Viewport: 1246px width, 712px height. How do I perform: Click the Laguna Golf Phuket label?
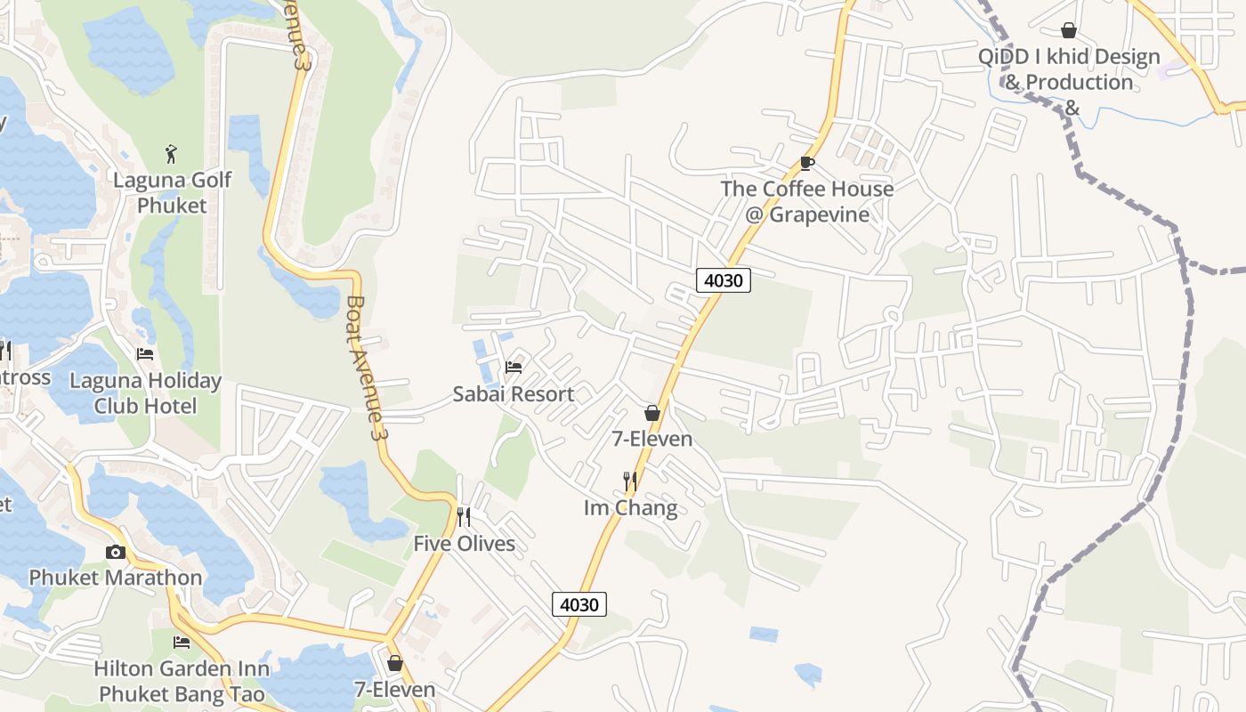click(x=172, y=192)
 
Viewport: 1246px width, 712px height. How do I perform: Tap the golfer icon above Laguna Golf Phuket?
click(x=172, y=154)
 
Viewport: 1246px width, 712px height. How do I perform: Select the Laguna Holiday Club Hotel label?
click(x=145, y=393)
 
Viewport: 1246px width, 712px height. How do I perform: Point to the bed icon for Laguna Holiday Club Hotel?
click(x=145, y=354)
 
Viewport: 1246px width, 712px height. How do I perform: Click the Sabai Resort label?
click(x=514, y=394)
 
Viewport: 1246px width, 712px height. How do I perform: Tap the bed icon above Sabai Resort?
click(x=514, y=367)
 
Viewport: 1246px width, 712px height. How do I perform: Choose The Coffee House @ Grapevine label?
click(x=807, y=202)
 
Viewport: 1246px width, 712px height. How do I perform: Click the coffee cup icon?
click(x=806, y=163)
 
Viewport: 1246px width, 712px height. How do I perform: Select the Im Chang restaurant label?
click(x=630, y=508)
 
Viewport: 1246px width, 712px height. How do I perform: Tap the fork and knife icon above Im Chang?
click(x=630, y=481)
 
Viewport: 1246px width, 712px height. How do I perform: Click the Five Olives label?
click(x=464, y=543)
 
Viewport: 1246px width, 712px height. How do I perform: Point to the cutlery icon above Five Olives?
click(x=464, y=516)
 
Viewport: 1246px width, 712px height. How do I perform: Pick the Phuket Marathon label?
click(x=116, y=578)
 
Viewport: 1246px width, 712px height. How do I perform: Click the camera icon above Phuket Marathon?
click(x=116, y=552)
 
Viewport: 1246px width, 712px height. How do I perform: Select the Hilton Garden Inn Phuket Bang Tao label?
click(x=182, y=681)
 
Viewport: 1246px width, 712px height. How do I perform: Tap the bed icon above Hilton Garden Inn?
click(x=182, y=642)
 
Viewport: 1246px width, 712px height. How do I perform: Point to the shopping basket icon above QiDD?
click(x=1069, y=31)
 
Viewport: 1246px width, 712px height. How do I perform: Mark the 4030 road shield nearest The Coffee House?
click(x=723, y=280)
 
